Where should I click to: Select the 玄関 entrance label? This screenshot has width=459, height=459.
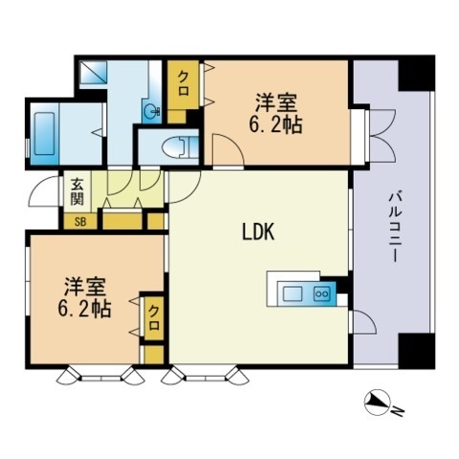(76, 191)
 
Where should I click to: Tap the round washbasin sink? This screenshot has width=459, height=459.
(151, 110)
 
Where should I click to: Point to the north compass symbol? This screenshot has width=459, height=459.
(378, 404)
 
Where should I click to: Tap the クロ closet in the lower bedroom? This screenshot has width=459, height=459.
(152, 315)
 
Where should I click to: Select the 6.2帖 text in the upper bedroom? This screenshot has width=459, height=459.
(278, 123)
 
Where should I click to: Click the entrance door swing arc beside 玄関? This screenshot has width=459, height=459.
(43, 193)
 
